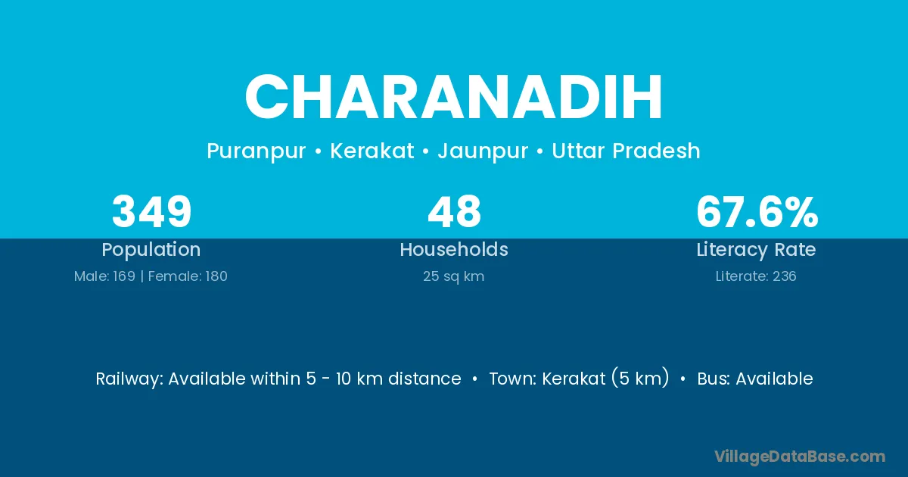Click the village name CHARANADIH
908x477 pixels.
pos(453,98)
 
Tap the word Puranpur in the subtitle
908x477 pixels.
pos(257,151)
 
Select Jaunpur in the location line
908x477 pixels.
pos(483,151)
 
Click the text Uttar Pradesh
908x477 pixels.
pos(626,151)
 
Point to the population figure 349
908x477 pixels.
pos(151,211)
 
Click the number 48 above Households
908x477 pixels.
pos(454,211)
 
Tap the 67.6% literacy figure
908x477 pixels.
pos(757,211)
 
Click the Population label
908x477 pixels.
pos(151,250)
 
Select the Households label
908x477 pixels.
pos(454,249)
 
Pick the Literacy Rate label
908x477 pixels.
pos(756,250)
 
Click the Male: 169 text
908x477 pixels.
pos(104,276)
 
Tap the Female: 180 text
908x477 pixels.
pos(188,276)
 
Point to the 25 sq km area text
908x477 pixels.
pos(453,276)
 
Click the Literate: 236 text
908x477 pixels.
pos(756,276)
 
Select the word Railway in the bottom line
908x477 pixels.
pos(129,379)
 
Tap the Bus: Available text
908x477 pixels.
pos(755,379)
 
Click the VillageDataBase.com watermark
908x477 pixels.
pos(800,457)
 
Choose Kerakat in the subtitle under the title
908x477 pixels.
pos(372,151)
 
